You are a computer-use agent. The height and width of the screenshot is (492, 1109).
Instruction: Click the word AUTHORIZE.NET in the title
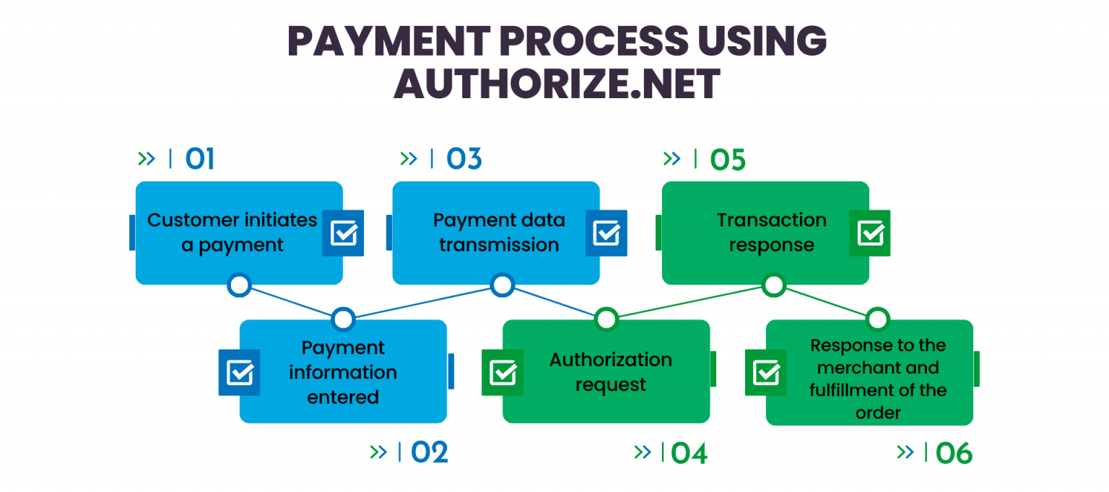(557, 84)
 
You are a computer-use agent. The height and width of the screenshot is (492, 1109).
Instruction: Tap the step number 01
(200, 159)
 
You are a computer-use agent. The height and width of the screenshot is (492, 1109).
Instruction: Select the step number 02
(430, 452)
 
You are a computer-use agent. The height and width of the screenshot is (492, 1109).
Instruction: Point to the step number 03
(464, 159)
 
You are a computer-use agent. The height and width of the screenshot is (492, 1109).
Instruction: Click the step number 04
(690, 453)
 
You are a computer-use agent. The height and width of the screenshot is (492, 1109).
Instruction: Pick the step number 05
(727, 160)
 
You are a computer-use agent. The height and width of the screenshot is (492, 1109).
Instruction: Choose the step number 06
(954, 454)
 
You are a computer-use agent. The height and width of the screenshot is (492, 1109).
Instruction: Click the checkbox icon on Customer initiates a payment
(343, 233)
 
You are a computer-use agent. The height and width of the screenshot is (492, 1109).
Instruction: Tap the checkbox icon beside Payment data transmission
(606, 233)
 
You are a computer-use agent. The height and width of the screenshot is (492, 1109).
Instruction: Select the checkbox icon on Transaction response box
(869, 233)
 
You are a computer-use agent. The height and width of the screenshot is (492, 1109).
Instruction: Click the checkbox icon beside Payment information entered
(240, 372)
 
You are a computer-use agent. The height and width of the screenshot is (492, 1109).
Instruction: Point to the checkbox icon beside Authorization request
(503, 372)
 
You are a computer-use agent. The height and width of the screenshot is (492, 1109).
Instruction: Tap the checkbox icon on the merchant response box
(765, 372)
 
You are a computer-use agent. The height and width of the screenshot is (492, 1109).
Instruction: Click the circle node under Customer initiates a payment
(239, 285)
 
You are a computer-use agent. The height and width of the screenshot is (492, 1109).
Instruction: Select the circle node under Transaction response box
(773, 285)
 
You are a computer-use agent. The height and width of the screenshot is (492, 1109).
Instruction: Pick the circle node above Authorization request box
(606, 318)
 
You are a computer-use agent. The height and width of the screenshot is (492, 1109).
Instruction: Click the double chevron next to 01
(147, 159)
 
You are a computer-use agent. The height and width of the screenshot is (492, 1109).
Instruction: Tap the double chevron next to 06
(905, 452)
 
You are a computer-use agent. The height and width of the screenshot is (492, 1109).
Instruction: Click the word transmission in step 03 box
(499, 245)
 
